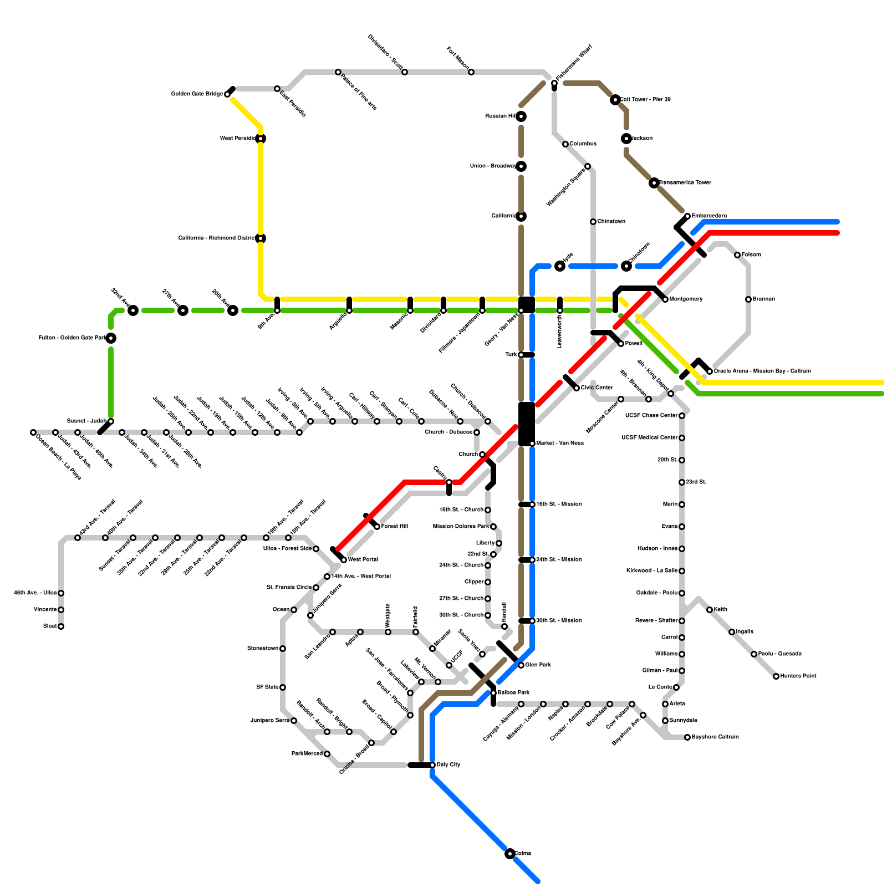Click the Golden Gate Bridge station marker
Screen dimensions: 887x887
click(x=227, y=94)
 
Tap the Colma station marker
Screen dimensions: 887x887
click(x=510, y=854)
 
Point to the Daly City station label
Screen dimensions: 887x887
click(x=448, y=765)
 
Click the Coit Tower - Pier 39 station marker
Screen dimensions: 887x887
click(x=615, y=100)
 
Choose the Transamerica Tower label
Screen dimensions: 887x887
click(x=685, y=183)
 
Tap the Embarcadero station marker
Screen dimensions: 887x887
click(x=687, y=216)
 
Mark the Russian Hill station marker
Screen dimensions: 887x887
click(x=521, y=116)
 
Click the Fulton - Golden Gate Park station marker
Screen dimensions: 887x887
click(x=111, y=338)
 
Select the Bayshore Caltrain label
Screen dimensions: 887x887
click(x=715, y=737)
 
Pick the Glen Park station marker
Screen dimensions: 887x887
click(x=521, y=665)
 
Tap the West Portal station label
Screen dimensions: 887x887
click(x=363, y=560)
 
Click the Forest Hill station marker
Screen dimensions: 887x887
click(x=377, y=527)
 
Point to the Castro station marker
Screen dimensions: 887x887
click(x=449, y=482)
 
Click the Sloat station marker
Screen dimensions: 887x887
click(x=61, y=626)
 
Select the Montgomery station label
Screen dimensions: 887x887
click(x=686, y=299)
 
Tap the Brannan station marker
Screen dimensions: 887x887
click(x=748, y=299)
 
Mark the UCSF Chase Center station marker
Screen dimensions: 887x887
click(x=682, y=416)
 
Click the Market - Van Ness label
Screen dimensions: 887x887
click(x=560, y=443)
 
